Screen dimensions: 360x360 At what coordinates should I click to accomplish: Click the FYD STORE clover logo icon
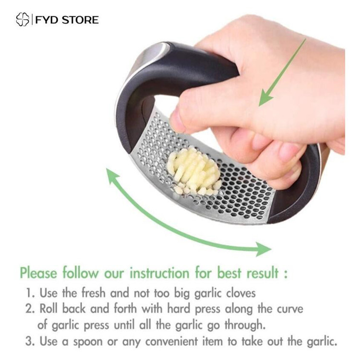point(23,20)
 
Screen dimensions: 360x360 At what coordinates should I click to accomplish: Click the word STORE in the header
point(80,20)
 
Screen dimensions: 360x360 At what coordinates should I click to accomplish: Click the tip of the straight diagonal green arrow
point(260,106)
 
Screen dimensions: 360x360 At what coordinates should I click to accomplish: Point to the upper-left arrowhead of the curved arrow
point(112,175)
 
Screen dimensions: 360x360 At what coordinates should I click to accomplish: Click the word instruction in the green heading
point(159,273)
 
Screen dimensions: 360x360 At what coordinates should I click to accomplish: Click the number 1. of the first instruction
point(30,293)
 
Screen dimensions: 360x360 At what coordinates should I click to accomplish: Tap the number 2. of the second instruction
point(30,309)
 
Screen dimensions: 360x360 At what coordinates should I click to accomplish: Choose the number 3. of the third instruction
point(30,341)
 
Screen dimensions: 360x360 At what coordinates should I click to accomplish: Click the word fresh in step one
point(94,293)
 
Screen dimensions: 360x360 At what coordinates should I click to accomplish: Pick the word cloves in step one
point(241,293)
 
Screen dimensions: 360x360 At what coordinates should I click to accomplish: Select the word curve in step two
point(290,309)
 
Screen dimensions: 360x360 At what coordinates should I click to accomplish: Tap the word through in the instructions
point(245,325)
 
